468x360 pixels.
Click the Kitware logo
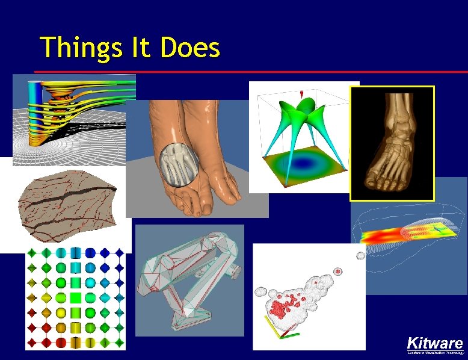tap(434, 343)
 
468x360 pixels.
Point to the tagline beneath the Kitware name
tap(435, 353)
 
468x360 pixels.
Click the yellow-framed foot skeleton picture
tap(392, 143)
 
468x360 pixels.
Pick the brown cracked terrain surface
tap(66, 204)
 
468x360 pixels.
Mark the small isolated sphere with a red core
tap(338, 272)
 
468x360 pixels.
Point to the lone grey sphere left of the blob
tap(361, 256)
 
